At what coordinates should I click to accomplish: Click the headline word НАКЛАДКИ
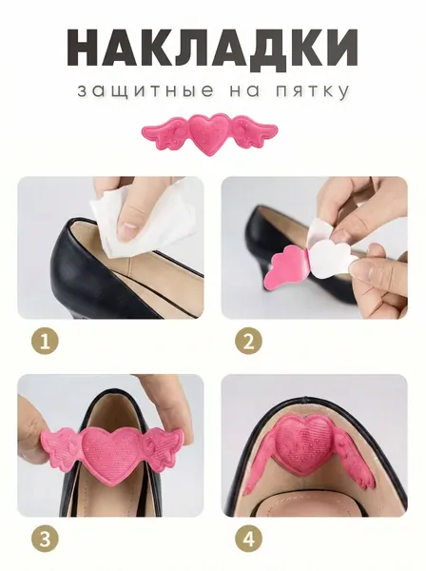coord(213,48)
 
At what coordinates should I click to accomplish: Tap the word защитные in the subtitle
coord(145,91)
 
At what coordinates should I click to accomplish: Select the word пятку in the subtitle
coord(312,91)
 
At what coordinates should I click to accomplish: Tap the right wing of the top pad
coord(255,130)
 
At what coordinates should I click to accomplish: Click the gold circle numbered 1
coord(45,342)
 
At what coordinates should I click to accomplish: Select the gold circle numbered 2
coord(248,342)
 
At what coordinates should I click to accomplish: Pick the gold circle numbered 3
coord(45,540)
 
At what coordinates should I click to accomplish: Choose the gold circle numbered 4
coord(248,540)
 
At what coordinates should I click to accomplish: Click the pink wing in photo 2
coord(289,265)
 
